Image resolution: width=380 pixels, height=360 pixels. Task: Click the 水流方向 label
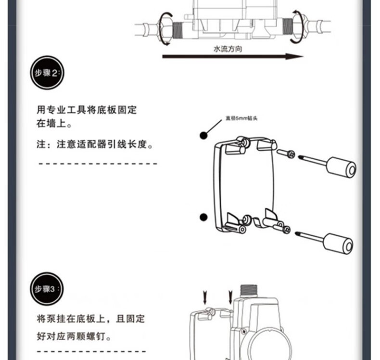pyautogui.click(x=228, y=49)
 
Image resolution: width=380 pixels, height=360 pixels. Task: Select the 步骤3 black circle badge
pyautogui.click(x=47, y=289)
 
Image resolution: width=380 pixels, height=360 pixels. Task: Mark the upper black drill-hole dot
pyautogui.click(x=203, y=136)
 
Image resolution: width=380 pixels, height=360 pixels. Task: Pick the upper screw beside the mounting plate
pyautogui.click(x=290, y=154)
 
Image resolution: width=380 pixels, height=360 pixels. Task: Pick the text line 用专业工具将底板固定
pyautogui.click(x=87, y=110)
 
